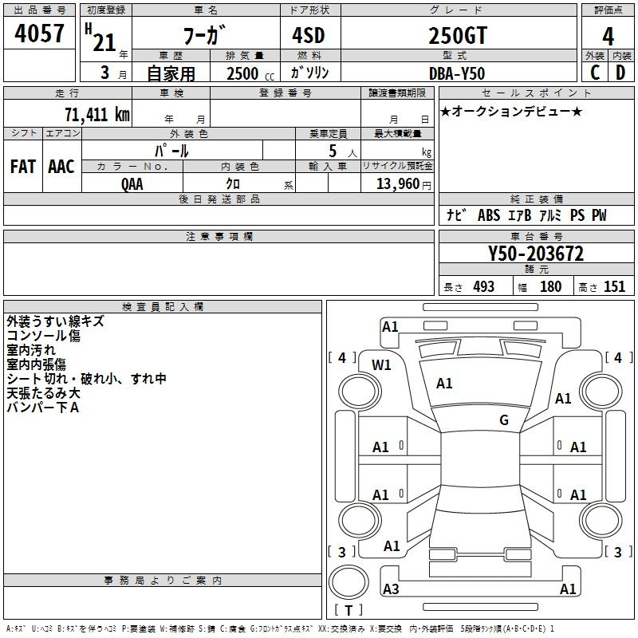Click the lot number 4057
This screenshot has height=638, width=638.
click(x=39, y=33)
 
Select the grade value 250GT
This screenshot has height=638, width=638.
click(x=458, y=36)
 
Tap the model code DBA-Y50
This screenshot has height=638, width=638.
click(x=457, y=73)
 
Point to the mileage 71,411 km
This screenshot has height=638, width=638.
click(x=97, y=115)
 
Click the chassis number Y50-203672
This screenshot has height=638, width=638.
click(x=536, y=254)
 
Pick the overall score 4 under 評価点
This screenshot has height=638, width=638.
click(x=608, y=37)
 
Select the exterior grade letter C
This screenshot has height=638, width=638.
click(x=595, y=73)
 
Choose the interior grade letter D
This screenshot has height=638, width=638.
click(x=620, y=73)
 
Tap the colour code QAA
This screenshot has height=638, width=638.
click(x=132, y=184)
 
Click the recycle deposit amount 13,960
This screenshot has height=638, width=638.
click(x=398, y=184)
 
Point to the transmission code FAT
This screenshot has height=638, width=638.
click(x=23, y=167)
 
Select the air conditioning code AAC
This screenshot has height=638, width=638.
click(x=61, y=167)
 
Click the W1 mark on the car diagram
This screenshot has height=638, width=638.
click(x=381, y=365)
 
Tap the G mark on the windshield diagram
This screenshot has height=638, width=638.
click(x=504, y=419)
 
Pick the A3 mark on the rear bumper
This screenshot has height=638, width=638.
click(x=391, y=589)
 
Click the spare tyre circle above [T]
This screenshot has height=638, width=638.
click(x=349, y=581)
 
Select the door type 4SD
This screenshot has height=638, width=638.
click(x=309, y=35)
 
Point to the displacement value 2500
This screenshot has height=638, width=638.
click(x=242, y=73)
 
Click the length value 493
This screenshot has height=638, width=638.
click(x=484, y=287)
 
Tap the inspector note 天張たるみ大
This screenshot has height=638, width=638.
click(x=44, y=393)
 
